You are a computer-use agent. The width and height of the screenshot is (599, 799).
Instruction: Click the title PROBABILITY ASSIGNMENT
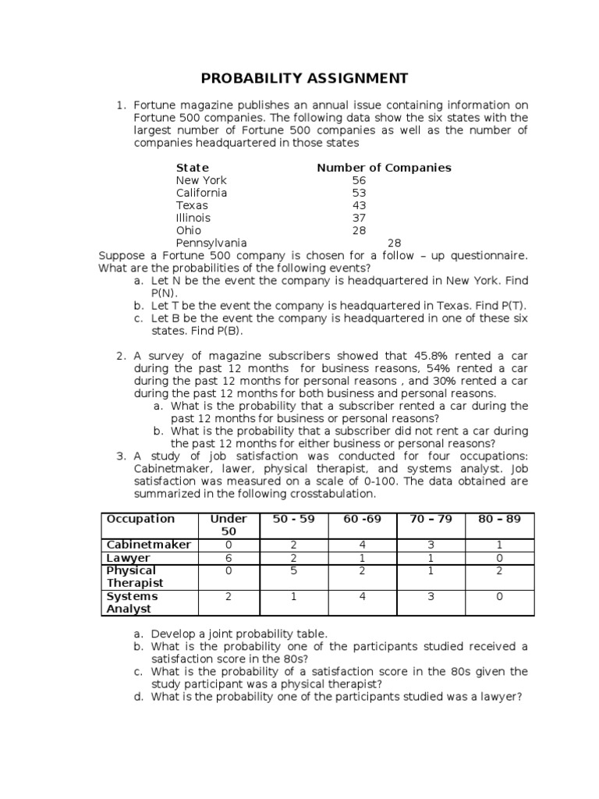pos(305,78)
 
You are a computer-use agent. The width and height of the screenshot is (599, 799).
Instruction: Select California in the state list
pos(201,193)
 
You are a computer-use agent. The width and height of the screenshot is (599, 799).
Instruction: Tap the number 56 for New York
pos(359,180)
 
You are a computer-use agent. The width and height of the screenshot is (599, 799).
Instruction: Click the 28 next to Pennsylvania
pos(395,243)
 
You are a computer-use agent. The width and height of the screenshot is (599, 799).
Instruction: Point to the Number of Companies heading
pos(384,168)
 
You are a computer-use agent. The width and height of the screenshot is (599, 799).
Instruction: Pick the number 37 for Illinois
pos(359,218)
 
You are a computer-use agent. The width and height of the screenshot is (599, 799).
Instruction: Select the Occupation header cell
pos(141,519)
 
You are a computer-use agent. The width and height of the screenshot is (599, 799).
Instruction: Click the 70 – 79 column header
pos(431,519)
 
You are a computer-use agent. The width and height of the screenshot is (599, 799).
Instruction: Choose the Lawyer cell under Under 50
pos(229,558)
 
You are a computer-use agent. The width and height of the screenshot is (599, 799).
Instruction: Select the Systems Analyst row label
pos(132,602)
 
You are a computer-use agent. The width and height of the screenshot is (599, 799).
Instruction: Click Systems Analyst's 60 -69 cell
pos(363,597)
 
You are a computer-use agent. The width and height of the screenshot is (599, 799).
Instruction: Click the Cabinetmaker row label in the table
pos(148,545)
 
